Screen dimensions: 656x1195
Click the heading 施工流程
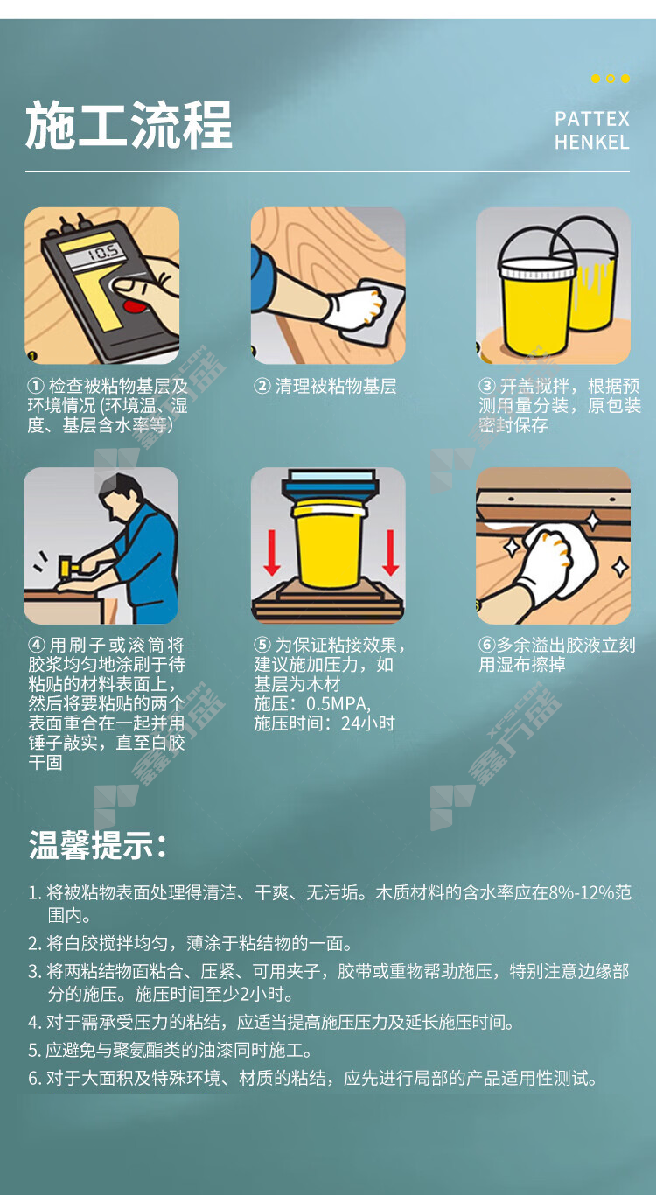tap(129, 125)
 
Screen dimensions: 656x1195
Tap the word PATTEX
tap(592, 119)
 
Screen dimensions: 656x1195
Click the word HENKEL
tap(592, 143)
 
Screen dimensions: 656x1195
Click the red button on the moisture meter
tap(133, 306)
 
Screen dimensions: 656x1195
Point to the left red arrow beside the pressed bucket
tap(272, 553)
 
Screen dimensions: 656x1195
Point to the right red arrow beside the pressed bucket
tap(390, 553)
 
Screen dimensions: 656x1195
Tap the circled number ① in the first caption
tap(36, 386)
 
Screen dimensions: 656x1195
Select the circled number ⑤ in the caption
tap(262, 645)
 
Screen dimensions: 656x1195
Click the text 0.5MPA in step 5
tap(338, 704)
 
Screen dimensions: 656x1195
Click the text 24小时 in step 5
tap(368, 724)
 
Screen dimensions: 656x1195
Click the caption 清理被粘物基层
tap(336, 386)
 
